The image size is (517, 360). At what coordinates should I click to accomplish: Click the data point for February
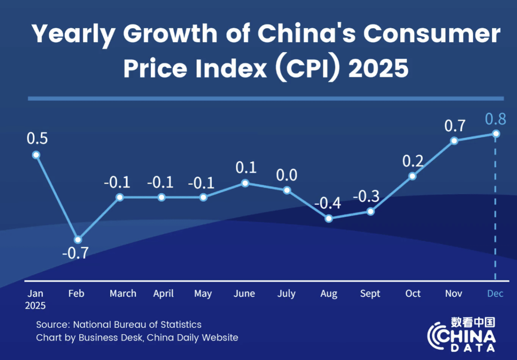pyautogui.click(x=78, y=239)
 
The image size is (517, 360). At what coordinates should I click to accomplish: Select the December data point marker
pyautogui.click(x=496, y=134)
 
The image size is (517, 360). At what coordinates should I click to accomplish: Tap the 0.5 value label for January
pyautogui.click(x=37, y=139)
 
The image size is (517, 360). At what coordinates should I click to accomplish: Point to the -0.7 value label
pyautogui.click(x=75, y=253)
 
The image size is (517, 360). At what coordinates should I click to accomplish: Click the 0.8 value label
pyautogui.click(x=495, y=119)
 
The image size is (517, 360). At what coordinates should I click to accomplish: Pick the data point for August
pyautogui.click(x=329, y=218)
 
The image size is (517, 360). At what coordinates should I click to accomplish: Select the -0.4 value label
pyautogui.click(x=327, y=203)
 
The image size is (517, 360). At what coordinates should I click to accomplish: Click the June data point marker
pyautogui.click(x=245, y=183)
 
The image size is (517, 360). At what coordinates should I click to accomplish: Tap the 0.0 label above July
pyautogui.click(x=287, y=175)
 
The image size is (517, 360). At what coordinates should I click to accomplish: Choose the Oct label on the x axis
pyautogui.click(x=413, y=293)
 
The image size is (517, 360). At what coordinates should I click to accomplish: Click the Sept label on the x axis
pyautogui.click(x=370, y=293)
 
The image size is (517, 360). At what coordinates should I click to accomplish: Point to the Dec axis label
pyautogui.click(x=495, y=293)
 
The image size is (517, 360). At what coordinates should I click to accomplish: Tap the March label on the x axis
pyautogui.click(x=123, y=293)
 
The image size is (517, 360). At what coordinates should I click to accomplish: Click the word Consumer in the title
pyautogui.click(x=432, y=34)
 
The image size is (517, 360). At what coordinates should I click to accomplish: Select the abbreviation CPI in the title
pyautogui.click(x=309, y=68)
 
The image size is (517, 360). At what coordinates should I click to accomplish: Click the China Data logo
pyautogui.click(x=462, y=335)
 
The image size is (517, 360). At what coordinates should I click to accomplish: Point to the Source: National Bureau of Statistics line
pyautogui.click(x=119, y=324)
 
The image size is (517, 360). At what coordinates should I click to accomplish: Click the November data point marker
pyautogui.click(x=454, y=141)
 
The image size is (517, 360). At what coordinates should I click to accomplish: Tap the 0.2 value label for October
pyautogui.click(x=412, y=161)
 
